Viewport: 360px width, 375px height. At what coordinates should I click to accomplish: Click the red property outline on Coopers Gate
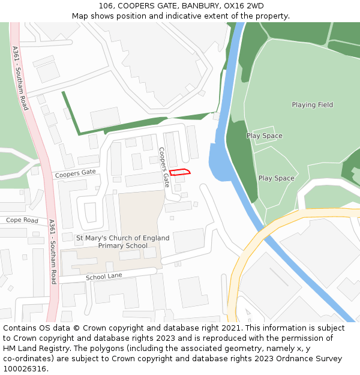point(180,172)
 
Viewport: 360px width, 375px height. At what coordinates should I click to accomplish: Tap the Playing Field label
point(312,105)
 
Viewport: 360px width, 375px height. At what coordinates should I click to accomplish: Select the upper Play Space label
point(264,136)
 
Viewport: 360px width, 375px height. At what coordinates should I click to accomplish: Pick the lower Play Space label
point(276,178)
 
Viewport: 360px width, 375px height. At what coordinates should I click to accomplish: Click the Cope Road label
point(22,220)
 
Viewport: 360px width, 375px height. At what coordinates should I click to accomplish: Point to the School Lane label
point(104,277)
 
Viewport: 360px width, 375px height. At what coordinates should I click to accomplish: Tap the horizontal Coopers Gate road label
point(76,173)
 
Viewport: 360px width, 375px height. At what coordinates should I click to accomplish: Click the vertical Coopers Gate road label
point(164,167)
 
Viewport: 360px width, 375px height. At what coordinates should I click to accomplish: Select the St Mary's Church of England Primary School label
point(122,242)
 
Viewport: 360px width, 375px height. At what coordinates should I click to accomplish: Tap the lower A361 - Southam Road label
point(52,251)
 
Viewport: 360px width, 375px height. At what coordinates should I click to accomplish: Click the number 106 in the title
point(106,6)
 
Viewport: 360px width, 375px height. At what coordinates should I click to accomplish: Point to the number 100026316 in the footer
point(23,369)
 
